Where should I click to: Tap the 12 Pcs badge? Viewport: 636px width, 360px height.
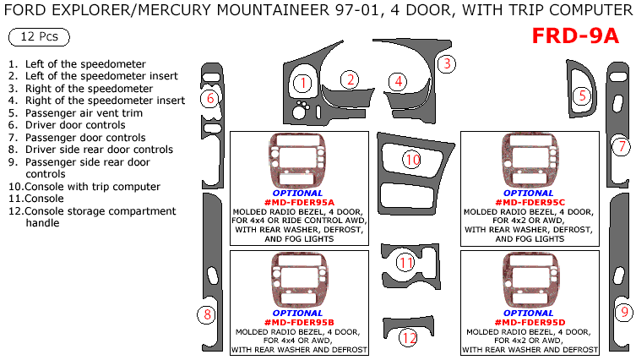pyautogui.click(x=39, y=39)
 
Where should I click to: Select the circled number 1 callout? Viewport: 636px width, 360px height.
pyautogui.click(x=303, y=82)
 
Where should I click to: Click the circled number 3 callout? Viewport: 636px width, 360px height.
pyautogui.click(x=448, y=63)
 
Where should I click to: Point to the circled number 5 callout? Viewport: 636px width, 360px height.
pyautogui.click(x=582, y=96)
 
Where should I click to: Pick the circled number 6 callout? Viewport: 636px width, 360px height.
pyautogui.click(x=209, y=99)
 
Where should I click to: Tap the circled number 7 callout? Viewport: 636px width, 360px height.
pyautogui.click(x=621, y=145)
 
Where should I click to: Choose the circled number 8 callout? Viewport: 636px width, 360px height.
pyautogui.click(x=206, y=315)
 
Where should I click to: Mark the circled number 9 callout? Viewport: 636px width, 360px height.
pyautogui.click(x=623, y=312)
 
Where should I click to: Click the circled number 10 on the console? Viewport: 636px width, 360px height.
pyautogui.click(x=411, y=159)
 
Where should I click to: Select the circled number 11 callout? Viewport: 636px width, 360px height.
pyautogui.click(x=406, y=263)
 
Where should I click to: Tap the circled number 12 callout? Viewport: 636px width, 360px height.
pyautogui.click(x=409, y=338)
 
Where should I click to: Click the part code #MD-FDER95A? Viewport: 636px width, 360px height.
pyautogui.click(x=299, y=202)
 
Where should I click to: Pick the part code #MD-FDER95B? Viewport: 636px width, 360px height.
pyautogui.click(x=299, y=322)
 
